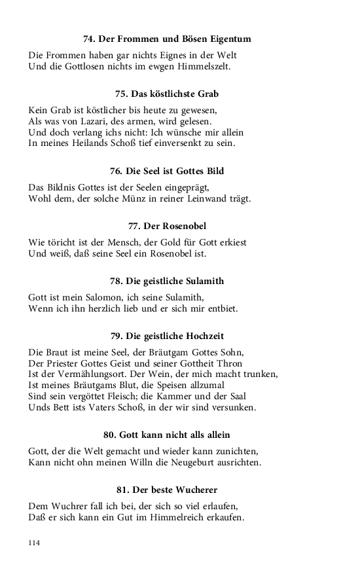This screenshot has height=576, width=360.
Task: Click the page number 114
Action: pos(34,543)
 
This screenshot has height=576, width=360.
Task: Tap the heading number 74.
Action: pos(90,39)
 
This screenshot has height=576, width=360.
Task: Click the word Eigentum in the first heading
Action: pos(228,39)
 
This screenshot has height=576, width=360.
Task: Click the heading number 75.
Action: pos(122,94)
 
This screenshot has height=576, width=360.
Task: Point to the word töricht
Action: pos(68,242)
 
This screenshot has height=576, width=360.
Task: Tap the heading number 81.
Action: pos(123,490)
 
